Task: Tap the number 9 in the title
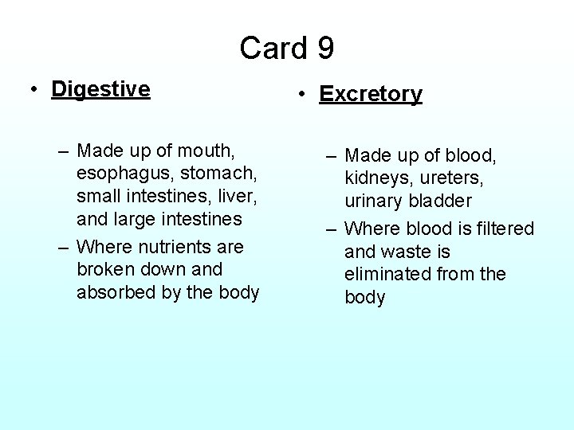(x=325, y=48)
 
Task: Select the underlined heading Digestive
(x=100, y=89)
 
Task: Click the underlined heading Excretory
(x=371, y=94)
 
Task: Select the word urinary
(x=374, y=201)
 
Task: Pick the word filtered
(x=503, y=229)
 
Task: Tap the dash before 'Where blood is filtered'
(x=331, y=229)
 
